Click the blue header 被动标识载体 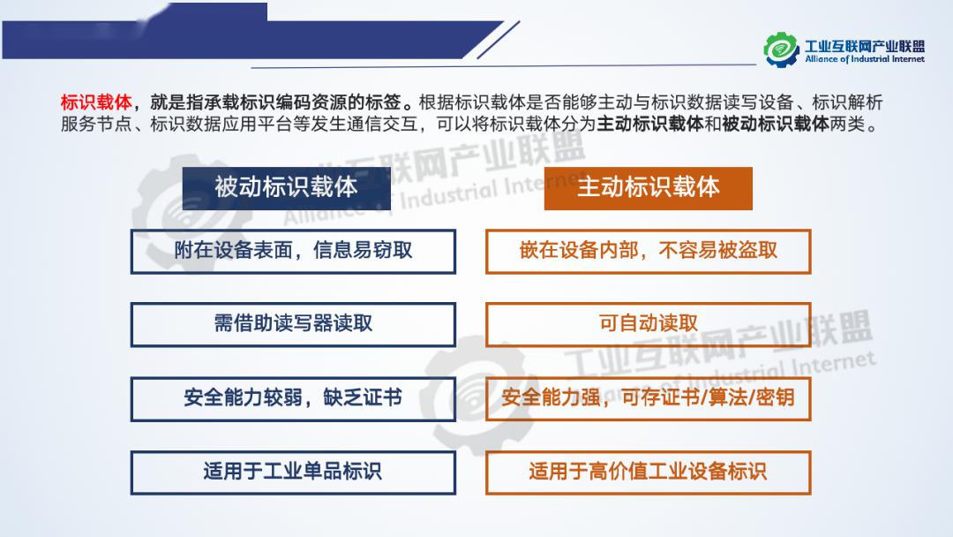tap(286, 188)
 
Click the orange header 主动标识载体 tap(648, 188)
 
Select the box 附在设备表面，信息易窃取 tap(293, 251)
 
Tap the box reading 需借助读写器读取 tap(293, 324)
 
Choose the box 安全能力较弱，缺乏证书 tap(293, 398)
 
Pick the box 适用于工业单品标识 tap(293, 472)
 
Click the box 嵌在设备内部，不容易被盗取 tap(648, 251)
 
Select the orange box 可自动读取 tap(648, 324)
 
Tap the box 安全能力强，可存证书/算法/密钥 tap(648, 398)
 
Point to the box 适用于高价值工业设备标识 tap(648, 472)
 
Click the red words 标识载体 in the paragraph tap(96, 102)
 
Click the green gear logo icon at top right tap(782, 49)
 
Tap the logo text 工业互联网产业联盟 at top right tap(864, 46)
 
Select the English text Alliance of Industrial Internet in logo tap(864, 59)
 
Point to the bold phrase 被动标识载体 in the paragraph tap(775, 124)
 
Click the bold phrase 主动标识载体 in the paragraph tap(649, 124)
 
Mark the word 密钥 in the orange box tap(776, 397)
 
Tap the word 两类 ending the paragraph tap(846, 124)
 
